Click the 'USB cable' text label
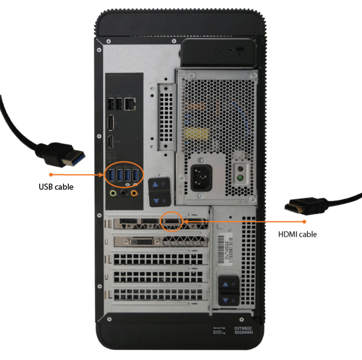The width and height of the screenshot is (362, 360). (x=56, y=187)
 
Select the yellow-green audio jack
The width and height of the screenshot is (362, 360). (x=112, y=194)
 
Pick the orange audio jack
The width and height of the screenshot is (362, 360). (x=135, y=194)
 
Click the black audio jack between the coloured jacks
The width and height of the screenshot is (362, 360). (x=124, y=194)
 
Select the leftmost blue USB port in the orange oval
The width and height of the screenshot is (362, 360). (x=112, y=175)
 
